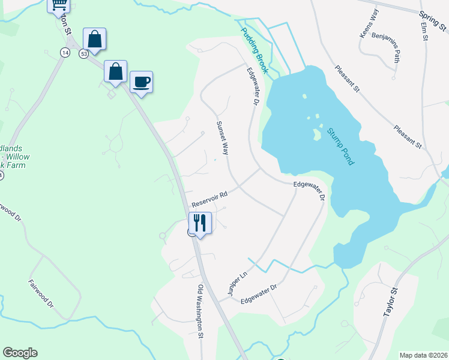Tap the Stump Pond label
tap(341, 146)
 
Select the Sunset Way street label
tap(222, 137)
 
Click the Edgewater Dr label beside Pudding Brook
tap(252, 87)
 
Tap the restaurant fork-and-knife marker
tap(200, 223)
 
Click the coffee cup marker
tap(141, 82)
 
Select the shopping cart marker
tap(58, 5)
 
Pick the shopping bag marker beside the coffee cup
tap(115, 71)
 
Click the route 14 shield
tap(64, 52)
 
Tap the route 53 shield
tap(84, 54)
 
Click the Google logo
tap(20, 353)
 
